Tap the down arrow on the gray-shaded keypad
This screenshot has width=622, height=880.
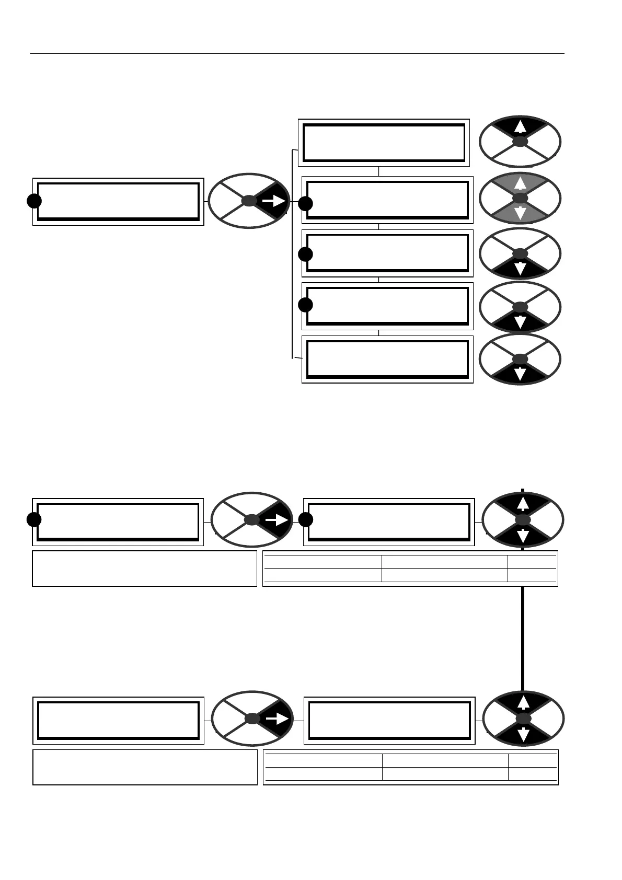click(x=520, y=213)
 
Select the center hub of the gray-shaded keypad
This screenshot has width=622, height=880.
click(x=520, y=199)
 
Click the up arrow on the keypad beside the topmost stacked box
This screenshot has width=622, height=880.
click(x=519, y=127)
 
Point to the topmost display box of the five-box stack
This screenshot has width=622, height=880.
click(x=384, y=143)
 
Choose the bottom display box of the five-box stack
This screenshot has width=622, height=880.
click(x=387, y=360)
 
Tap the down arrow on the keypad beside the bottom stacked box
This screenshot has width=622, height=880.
click(x=520, y=374)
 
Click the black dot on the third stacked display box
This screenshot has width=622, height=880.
click(x=306, y=254)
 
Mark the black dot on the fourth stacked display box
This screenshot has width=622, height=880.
click(x=306, y=305)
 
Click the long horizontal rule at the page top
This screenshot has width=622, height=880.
click(x=297, y=53)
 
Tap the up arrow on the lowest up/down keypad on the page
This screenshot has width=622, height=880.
click(x=523, y=703)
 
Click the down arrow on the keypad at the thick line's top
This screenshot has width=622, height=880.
click(x=523, y=536)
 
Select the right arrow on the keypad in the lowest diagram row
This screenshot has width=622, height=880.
click(x=277, y=720)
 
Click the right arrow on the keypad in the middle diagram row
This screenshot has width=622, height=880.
click(x=277, y=520)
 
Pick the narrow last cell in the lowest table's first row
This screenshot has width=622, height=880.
click(x=532, y=761)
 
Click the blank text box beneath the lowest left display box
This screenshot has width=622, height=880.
click(x=145, y=767)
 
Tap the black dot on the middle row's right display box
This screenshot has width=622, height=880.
click(x=306, y=520)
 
